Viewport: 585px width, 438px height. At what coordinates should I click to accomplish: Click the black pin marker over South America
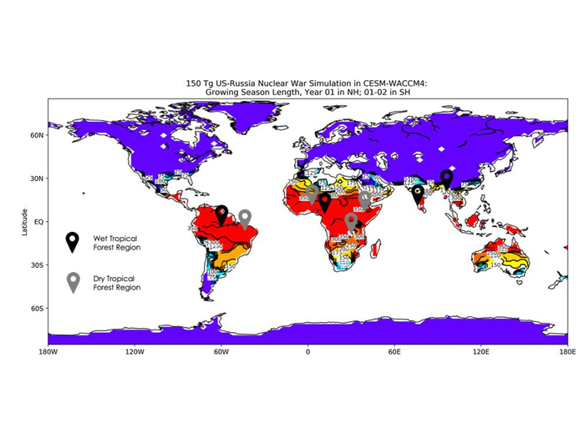[x=222, y=214]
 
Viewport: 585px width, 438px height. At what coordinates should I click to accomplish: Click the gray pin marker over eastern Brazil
[x=245, y=218]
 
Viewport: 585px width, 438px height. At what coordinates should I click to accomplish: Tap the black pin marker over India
[x=418, y=194]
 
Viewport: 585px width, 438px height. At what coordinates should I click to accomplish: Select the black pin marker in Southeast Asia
[x=447, y=178]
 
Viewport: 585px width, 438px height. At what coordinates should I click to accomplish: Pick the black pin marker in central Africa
[x=325, y=201]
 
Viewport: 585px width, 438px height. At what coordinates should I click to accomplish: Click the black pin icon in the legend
[x=74, y=241]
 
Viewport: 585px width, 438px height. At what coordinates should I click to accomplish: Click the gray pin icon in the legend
[x=74, y=281]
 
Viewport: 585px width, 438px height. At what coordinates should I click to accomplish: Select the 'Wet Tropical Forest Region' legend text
[x=116, y=243]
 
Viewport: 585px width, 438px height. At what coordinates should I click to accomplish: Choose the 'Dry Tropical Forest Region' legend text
[x=116, y=283]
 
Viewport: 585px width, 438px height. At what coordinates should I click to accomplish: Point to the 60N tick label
[x=38, y=135]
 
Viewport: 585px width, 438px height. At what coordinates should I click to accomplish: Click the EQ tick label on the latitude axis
[x=38, y=222]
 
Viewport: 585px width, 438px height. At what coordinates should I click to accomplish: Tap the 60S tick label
[x=38, y=309]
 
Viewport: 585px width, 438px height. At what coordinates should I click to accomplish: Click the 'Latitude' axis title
[x=26, y=222]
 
